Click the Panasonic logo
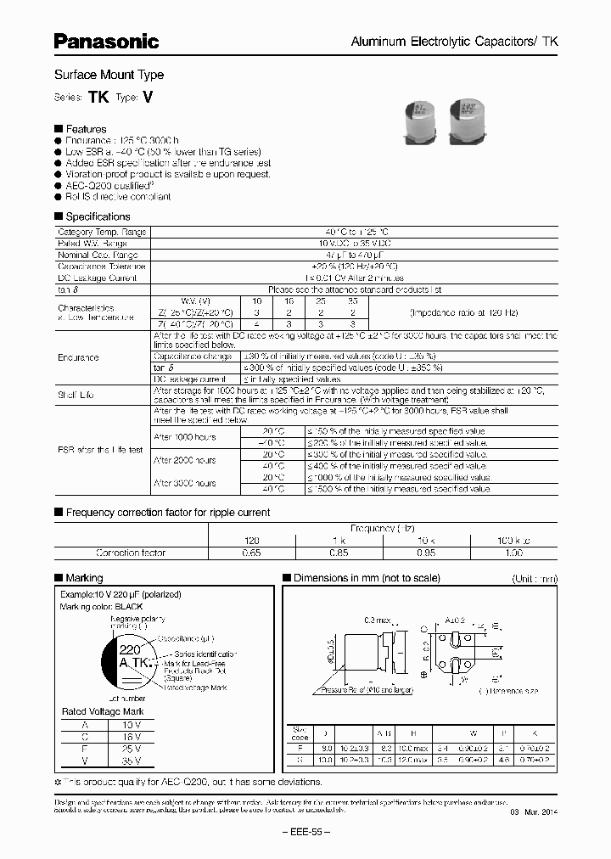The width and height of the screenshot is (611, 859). [107, 41]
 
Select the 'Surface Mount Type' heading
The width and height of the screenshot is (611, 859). [109, 75]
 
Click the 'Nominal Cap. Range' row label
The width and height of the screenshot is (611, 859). [97, 255]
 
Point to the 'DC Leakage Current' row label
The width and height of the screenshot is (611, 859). [97, 278]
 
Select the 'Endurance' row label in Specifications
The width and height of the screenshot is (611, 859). [78, 357]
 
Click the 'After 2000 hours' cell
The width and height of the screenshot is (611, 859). [183, 460]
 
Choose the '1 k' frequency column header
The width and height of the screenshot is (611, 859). [338, 541]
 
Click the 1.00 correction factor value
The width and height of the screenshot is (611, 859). [514, 553]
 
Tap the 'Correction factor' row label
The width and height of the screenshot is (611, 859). [131, 553]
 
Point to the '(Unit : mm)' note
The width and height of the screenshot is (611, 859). [535, 579]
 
